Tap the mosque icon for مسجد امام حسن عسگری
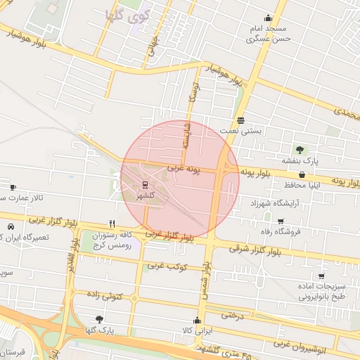(267, 18)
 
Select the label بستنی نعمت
(240, 130)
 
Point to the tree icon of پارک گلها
(98, 319)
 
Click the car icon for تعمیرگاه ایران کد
(12, 227)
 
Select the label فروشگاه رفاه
(280, 231)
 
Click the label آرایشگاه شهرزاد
(274, 202)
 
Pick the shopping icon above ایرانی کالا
(196, 320)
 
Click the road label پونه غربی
(184, 169)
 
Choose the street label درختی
(232, 316)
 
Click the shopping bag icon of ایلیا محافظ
(302, 174)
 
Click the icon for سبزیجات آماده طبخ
(321, 276)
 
